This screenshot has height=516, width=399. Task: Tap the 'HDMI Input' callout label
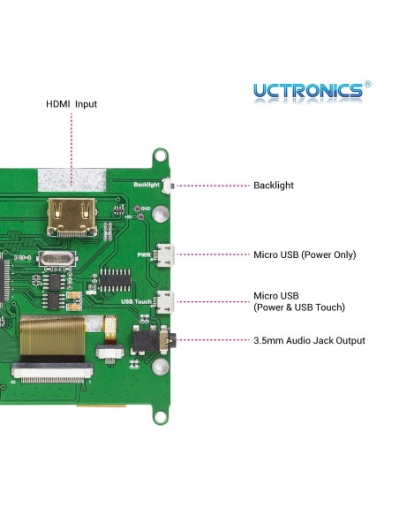(72, 104)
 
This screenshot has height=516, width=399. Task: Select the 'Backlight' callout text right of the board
(274, 186)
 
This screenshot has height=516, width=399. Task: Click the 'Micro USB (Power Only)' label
(305, 254)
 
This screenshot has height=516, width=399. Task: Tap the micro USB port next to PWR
(165, 254)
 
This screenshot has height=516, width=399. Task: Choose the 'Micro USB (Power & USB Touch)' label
(298, 301)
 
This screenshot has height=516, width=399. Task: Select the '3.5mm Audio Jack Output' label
(309, 340)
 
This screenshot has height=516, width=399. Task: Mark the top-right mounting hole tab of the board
(162, 156)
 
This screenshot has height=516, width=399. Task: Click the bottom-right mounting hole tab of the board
(161, 410)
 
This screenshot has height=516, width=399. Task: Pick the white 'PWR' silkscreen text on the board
(144, 254)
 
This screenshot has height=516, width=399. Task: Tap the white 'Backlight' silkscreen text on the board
(147, 186)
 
